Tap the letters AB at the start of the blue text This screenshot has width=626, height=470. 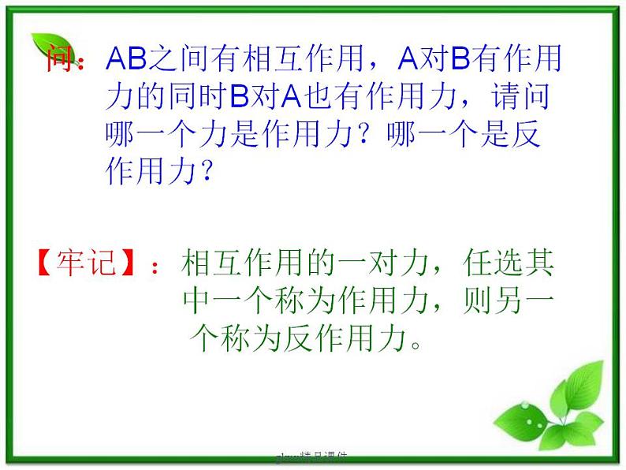click(126, 58)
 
